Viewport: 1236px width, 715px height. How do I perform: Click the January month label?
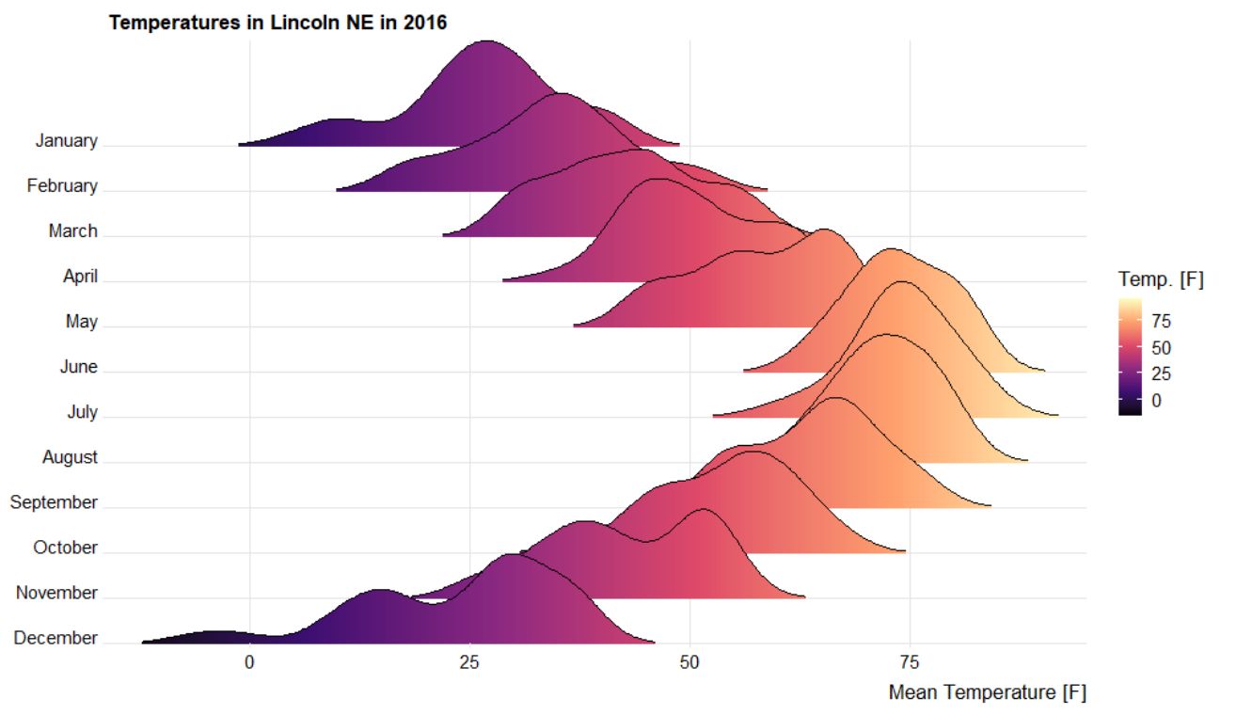coord(66,141)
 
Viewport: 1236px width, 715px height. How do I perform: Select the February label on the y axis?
coord(61,186)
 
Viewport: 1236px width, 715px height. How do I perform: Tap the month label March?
coord(72,231)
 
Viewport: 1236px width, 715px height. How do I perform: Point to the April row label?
coord(80,277)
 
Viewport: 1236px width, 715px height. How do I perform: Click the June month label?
coord(78,367)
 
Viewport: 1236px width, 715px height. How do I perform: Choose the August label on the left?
coord(70,457)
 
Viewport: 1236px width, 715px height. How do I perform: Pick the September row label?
coord(54,502)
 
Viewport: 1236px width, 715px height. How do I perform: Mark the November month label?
coord(56,593)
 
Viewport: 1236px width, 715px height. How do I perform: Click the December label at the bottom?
coord(55,638)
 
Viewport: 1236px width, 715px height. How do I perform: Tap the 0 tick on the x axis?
coord(249,662)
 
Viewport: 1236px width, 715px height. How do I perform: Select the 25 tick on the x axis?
coord(469,662)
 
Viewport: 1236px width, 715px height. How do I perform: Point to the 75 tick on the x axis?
coord(911,662)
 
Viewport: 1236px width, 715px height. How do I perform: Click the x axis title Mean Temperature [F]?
coord(987,693)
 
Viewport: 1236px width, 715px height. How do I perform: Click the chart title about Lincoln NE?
coord(277,22)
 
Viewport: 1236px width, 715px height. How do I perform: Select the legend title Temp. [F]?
coord(1161,279)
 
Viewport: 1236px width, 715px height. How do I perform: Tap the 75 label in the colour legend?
coord(1161,321)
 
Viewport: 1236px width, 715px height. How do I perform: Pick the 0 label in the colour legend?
coord(1156,400)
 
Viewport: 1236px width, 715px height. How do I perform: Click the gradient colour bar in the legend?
coord(1131,357)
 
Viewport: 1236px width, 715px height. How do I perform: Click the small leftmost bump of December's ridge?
coord(216,633)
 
